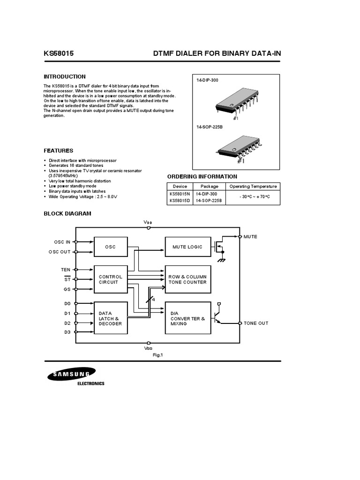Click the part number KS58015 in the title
pos(59,54)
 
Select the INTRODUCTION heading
pos(65,76)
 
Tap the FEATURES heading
pos(58,151)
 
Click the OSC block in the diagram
pos(110,247)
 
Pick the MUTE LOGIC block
pos(187,247)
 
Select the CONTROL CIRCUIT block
pos(110,280)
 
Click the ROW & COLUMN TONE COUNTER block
pos(187,280)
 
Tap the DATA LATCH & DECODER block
pos(110,318)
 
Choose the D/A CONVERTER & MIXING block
pos(187,318)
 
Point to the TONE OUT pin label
pos(256,323)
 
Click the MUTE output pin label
pos(250,237)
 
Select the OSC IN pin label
pos(62,242)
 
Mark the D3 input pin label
pos(67,332)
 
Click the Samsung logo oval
pos(71,374)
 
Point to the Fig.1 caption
pos(157,355)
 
